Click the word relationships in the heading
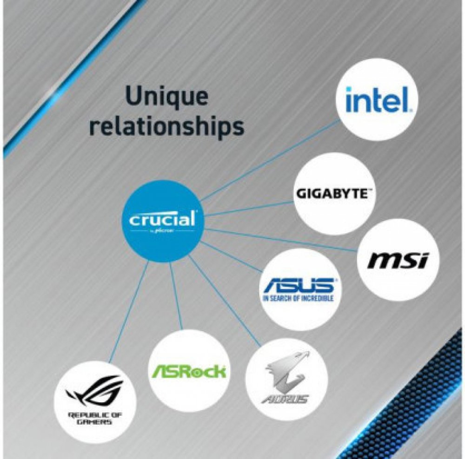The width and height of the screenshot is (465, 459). coord(166,126)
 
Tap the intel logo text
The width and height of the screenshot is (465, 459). coord(377,100)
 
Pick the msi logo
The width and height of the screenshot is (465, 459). coord(398,260)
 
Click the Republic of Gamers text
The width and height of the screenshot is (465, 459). coord(95,418)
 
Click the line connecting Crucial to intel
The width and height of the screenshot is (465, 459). coord(270,158)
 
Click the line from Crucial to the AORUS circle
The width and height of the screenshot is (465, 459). coord(223,302)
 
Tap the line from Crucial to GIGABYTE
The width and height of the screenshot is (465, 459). coord(246,209)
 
